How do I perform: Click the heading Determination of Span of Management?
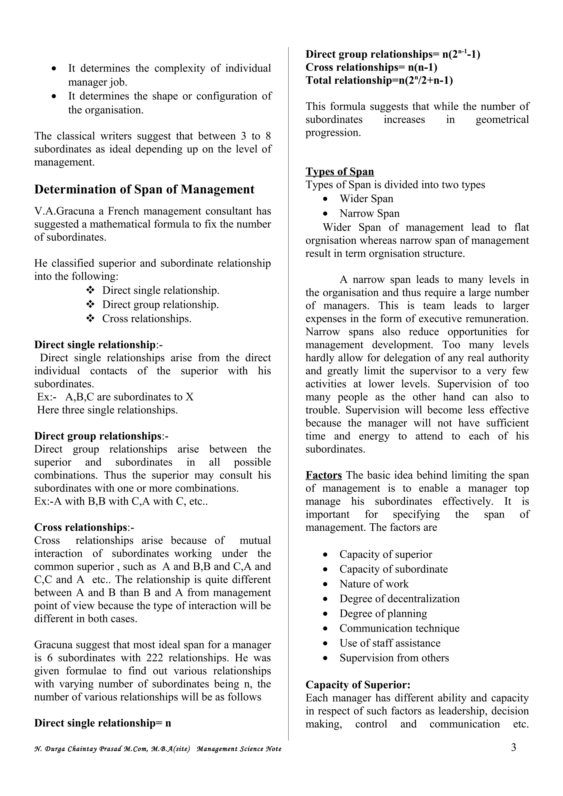coord(144,190)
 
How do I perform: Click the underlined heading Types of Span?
coord(340,172)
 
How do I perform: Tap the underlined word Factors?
coord(323,475)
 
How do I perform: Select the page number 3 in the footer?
coord(514,747)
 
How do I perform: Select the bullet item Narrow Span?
coord(369,213)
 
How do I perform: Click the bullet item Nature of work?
coord(374,584)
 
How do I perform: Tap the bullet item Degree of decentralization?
coord(399,599)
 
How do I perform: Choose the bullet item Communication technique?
coord(399,628)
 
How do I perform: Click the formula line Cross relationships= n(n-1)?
coord(371,67)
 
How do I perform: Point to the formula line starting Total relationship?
coord(379,80)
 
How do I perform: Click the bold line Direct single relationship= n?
coord(103,723)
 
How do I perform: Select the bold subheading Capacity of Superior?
coord(358,685)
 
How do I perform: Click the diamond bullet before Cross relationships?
coord(90,319)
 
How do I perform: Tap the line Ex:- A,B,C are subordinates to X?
coord(115,397)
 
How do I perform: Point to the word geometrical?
coord(502,119)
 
